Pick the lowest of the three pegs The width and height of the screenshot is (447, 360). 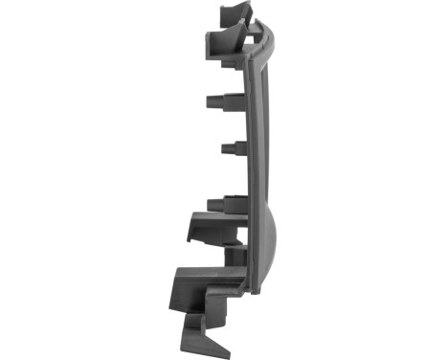coord(225,203)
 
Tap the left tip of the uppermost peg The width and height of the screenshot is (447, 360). coord(208,101)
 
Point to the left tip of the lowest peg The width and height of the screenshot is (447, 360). coord(209,203)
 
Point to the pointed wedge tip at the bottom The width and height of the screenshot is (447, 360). coord(215,340)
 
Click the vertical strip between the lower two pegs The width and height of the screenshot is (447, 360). coord(251,177)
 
